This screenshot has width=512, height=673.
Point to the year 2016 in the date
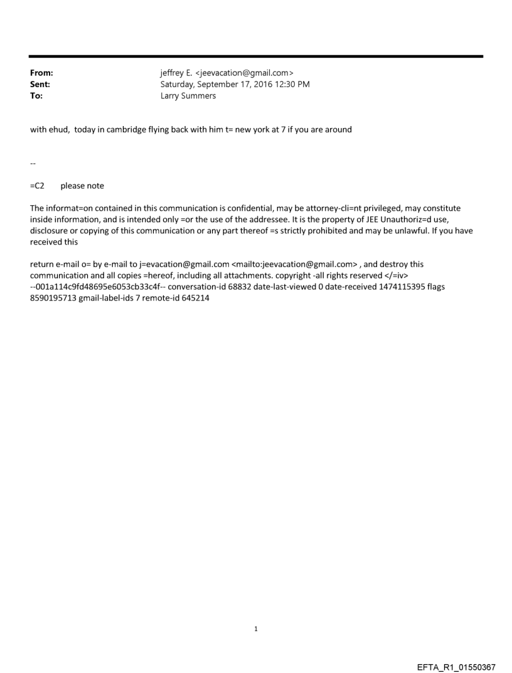pos(263,84)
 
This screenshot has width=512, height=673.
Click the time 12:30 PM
pos(291,84)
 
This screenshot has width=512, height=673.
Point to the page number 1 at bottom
pos(256,629)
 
